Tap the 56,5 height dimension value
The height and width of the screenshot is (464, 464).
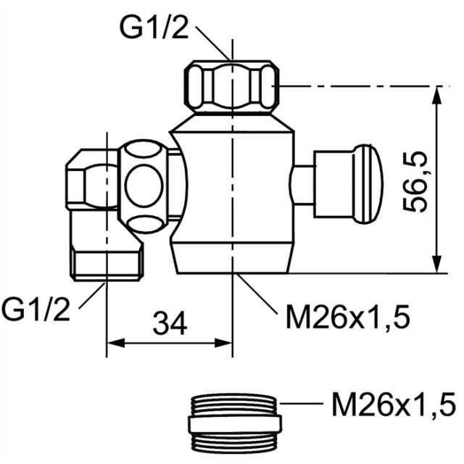pos(415,182)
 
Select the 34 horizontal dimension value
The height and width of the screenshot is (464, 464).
pos(170,323)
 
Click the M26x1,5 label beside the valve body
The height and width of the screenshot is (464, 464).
pos(348,318)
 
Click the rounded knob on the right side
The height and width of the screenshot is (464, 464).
pos(368,183)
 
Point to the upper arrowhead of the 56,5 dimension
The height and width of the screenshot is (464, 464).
pos(437,94)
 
